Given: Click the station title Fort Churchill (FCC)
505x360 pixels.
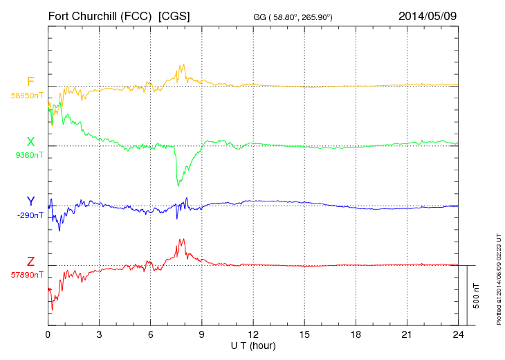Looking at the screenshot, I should [100, 15].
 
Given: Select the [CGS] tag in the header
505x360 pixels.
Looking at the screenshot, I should [174, 15].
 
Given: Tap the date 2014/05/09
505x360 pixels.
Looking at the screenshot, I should [428, 15].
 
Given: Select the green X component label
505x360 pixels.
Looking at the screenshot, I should [30, 142].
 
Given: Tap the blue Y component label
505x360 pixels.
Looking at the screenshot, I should [30, 201].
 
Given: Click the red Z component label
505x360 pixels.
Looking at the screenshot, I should [30, 262].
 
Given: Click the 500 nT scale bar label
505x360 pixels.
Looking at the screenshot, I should [476, 296].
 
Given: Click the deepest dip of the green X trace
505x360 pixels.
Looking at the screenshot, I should [178, 186].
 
